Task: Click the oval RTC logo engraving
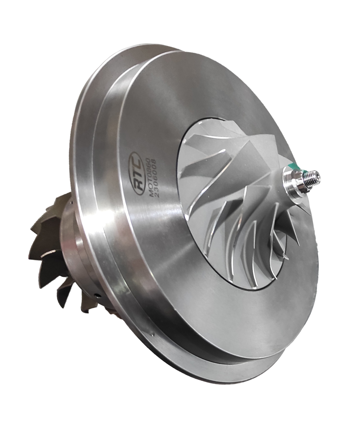tap(135, 173)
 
